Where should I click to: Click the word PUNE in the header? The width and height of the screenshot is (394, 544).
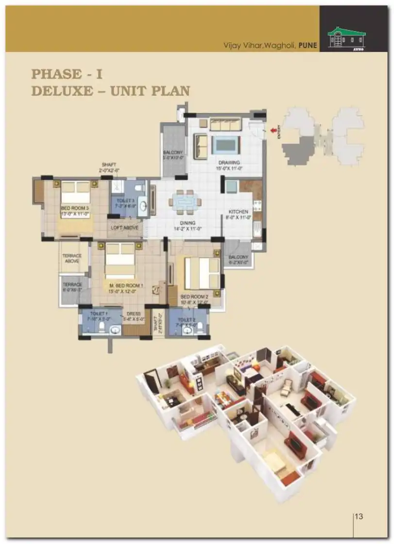(308, 46)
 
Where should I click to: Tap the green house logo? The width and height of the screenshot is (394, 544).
(346, 37)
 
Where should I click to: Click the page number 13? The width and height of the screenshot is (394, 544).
(359, 516)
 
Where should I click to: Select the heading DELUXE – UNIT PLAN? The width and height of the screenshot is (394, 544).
(110, 91)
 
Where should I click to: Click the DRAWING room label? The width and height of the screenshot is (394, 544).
(229, 163)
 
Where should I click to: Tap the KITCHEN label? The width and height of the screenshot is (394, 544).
(239, 212)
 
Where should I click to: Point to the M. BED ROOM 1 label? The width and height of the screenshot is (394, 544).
(126, 285)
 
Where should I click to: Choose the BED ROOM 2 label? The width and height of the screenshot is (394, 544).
(194, 297)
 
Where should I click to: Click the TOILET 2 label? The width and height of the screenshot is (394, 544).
(186, 319)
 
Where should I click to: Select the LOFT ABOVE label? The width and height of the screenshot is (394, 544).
(125, 228)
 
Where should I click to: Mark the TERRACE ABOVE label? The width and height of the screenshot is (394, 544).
(71, 259)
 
